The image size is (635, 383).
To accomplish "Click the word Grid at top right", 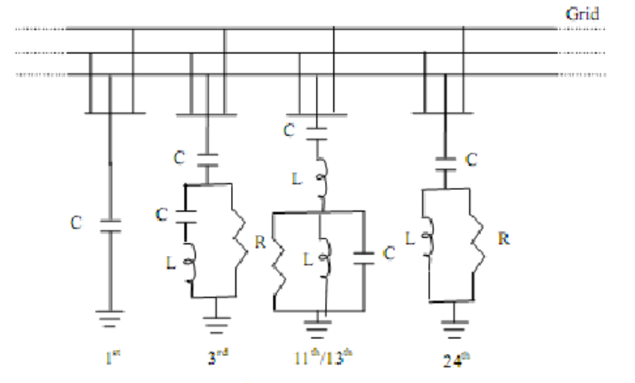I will [x=583, y=13].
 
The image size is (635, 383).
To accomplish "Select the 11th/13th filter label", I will [x=319, y=355].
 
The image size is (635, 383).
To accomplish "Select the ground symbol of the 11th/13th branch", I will [x=320, y=325].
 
